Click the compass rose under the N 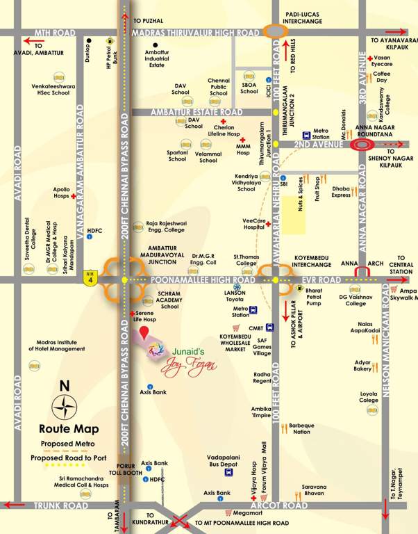[66, 405]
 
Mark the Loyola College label [369, 397]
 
